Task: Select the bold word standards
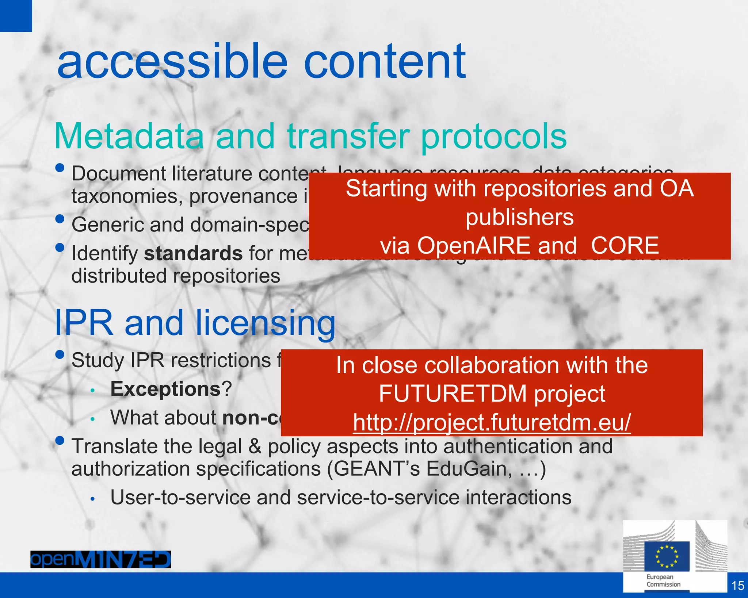tap(193, 253)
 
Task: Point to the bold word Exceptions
tap(165, 389)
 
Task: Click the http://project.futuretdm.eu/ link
tap(492, 422)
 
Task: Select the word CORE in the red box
tap(625, 245)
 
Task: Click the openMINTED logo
tap(100, 559)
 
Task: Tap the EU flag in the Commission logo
tap(667, 556)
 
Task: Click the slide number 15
tap(738, 586)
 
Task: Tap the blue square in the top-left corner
tap(16, 16)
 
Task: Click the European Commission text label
tap(663, 580)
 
